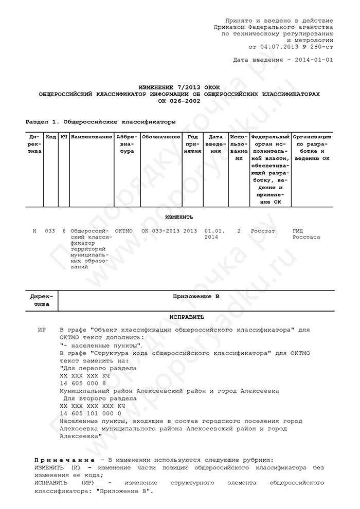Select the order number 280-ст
pyautogui.click(x=320, y=46)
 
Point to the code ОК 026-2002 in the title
pyautogui.click(x=179, y=101)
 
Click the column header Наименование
pyautogui.click(x=92, y=137)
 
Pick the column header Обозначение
pyautogui.click(x=161, y=137)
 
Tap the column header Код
pyautogui.click(x=51, y=137)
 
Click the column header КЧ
pyautogui.click(x=64, y=137)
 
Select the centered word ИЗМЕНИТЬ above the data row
pyautogui.click(x=179, y=217)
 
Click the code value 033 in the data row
pyautogui.click(x=50, y=231)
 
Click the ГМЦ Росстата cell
pyautogui.click(x=306, y=234)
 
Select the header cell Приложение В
pyautogui.click(x=195, y=297)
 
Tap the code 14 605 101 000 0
pyautogui.click(x=91, y=413)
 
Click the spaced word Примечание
pyautogui.click(x=64, y=459)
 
